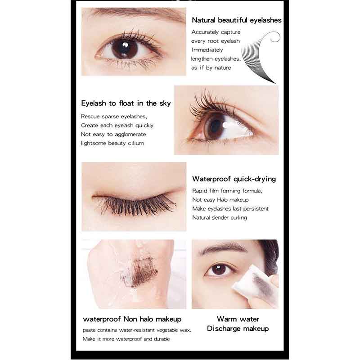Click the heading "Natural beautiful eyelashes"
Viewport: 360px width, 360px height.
(x=237, y=20)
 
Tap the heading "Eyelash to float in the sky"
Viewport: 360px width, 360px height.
(x=126, y=103)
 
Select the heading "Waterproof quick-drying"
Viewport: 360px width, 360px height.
(x=234, y=179)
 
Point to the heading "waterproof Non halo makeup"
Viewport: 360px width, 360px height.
(x=132, y=319)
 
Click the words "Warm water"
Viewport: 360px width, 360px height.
(x=238, y=319)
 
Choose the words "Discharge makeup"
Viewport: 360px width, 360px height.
(x=238, y=328)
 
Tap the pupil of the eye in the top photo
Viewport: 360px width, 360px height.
(x=125, y=48)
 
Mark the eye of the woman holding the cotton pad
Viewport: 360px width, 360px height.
(x=219, y=270)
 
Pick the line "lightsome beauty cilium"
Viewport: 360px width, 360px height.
(x=112, y=143)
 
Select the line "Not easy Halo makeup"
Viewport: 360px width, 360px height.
(x=220, y=200)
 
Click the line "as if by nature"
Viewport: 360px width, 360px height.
(x=211, y=68)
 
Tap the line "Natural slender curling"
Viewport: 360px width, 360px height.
(x=220, y=218)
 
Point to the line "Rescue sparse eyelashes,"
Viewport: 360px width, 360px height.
(x=114, y=117)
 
